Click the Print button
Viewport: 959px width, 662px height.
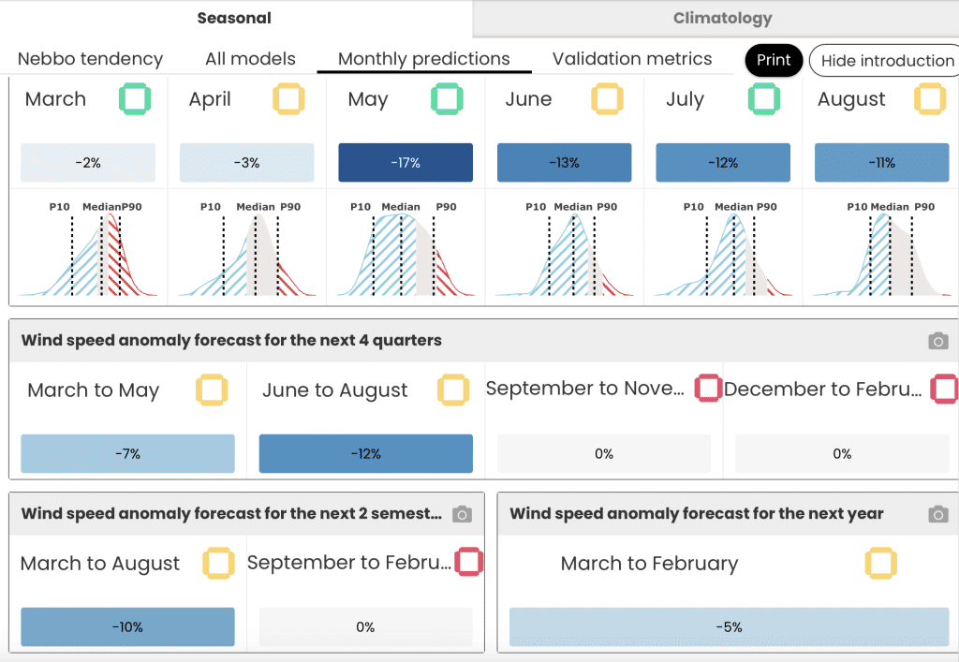click(774, 60)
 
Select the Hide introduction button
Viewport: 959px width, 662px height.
click(884, 61)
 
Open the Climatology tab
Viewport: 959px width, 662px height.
click(722, 19)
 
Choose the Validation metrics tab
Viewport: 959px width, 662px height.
click(632, 59)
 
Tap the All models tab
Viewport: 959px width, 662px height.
click(250, 59)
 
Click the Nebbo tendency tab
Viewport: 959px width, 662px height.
click(90, 59)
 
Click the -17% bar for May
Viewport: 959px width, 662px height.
click(406, 163)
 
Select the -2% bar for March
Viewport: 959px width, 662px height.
click(88, 163)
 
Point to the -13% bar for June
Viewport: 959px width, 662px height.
click(564, 163)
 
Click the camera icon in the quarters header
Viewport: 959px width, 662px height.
click(938, 341)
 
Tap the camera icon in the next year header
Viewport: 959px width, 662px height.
click(938, 514)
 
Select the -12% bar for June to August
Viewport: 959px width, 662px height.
click(366, 453)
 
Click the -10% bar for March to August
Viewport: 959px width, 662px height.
click(127, 626)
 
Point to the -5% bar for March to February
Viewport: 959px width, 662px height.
click(729, 626)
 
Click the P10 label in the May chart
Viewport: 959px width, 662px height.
click(361, 207)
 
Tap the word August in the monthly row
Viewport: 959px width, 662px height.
click(851, 99)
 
